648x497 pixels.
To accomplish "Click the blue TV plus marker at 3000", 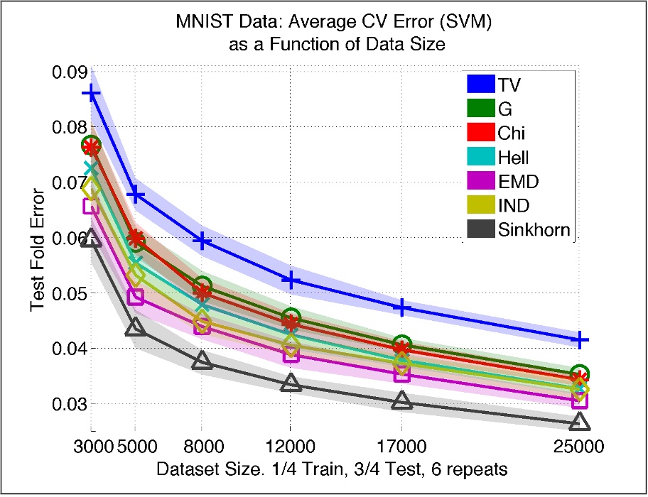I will (91, 93).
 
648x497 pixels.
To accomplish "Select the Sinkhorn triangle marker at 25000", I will (580, 422).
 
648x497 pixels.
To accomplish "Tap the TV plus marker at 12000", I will (290, 280).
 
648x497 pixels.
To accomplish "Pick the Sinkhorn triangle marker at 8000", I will (202, 361).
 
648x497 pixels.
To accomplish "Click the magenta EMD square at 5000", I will (135, 297).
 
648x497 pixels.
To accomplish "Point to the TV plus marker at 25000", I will (580, 340).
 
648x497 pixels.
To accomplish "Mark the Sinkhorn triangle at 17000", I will (401, 401).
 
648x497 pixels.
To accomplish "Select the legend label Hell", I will (514, 158).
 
